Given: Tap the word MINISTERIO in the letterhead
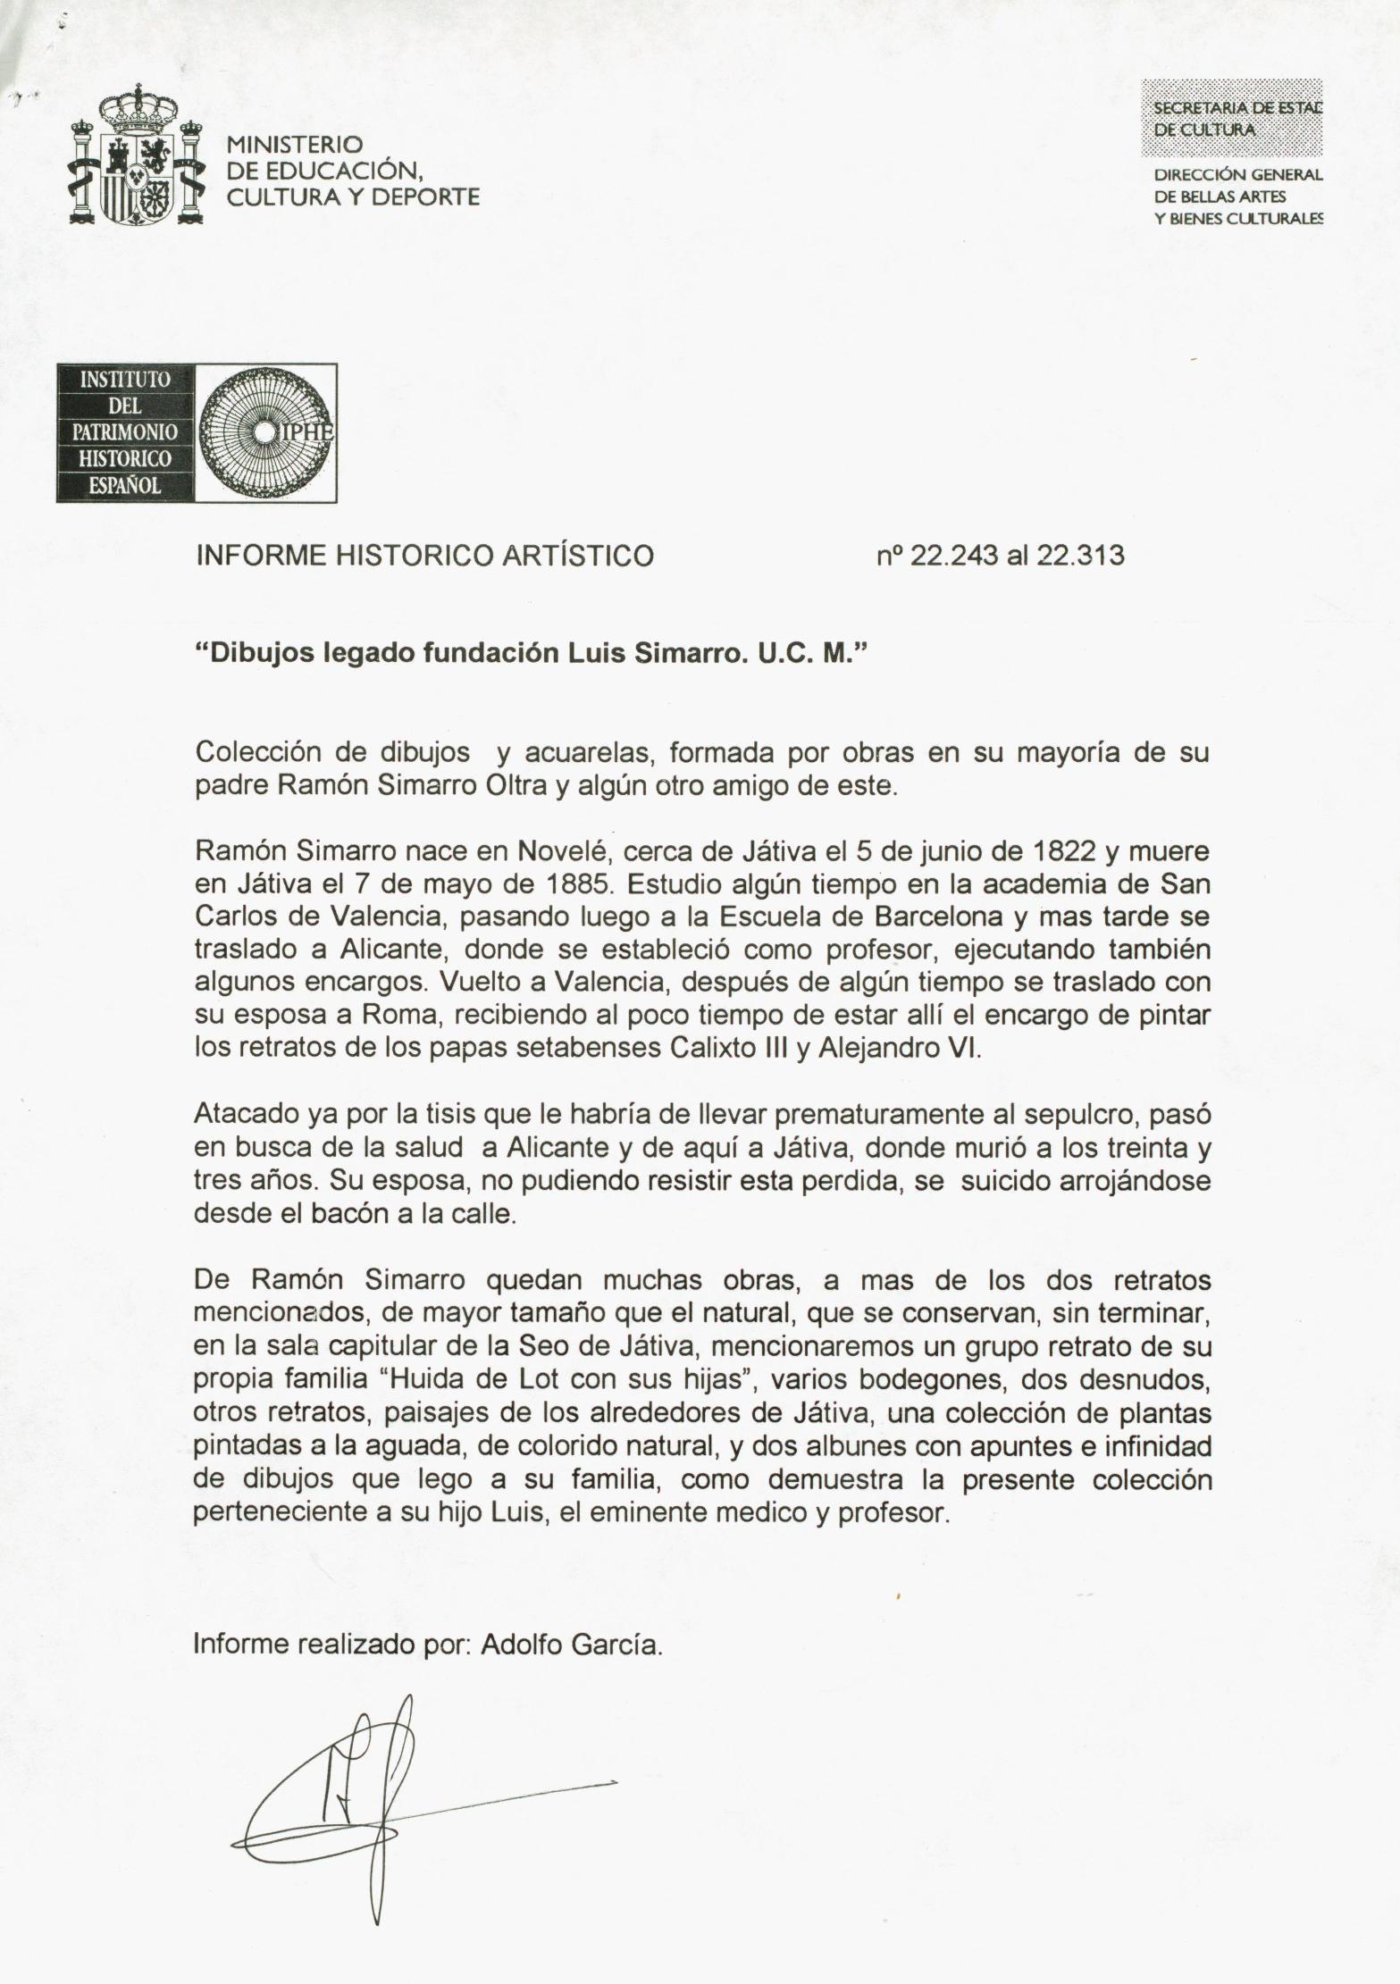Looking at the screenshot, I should click(294, 144).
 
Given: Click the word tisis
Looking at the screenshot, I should click(451, 1115).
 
